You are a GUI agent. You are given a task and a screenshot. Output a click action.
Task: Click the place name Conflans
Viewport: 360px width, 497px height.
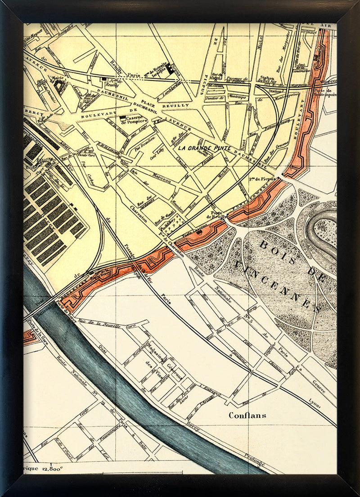pyautogui.click(x=247, y=415)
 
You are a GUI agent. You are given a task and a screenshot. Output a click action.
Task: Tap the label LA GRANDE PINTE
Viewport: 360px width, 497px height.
pyautogui.click(x=204, y=148)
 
